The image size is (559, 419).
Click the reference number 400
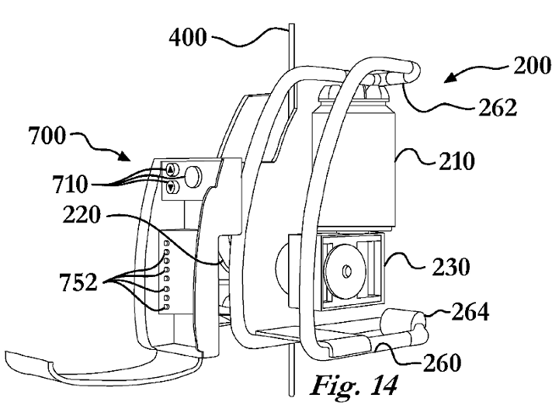coord(188,37)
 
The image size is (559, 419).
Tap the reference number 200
coord(532,65)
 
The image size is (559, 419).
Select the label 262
coord(498,108)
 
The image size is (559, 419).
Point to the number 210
coord(457,161)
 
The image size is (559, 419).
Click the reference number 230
coord(451,267)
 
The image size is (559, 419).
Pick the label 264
coord(470,312)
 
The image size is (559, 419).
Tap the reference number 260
coord(443,362)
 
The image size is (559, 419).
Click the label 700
coord(47,136)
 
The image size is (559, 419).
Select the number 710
coord(70,184)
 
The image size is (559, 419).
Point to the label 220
coord(82,215)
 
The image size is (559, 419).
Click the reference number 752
coord(78,282)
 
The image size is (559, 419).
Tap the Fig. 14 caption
coord(354,386)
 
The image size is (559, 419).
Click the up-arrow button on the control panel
coord(171,170)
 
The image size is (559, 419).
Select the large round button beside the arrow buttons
coord(193,176)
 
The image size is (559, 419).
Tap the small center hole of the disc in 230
coord(345,272)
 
